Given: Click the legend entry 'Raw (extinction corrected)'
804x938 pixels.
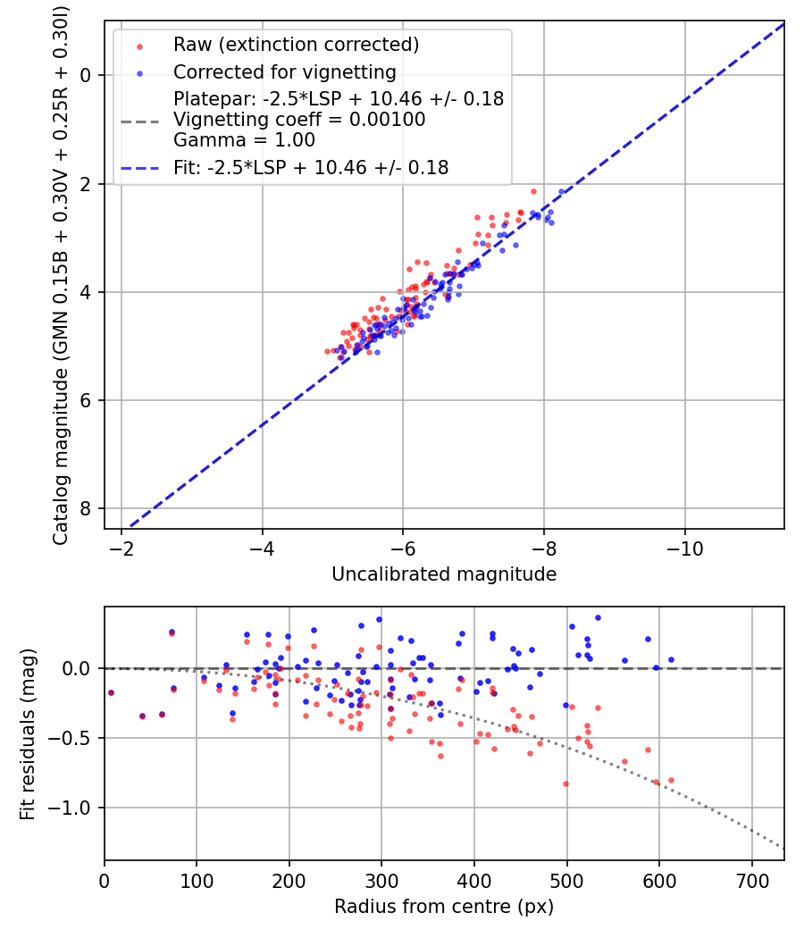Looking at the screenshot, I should point(296,45).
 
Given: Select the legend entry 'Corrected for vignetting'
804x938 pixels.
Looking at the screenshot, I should point(284,71).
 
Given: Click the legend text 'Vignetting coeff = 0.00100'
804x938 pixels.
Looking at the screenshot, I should point(299,120).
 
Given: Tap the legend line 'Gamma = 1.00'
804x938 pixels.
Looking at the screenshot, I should point(244,140).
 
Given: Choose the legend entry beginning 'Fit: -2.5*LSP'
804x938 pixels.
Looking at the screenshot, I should point(311,167).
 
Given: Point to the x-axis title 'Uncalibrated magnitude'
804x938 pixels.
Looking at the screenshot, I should point(444,574).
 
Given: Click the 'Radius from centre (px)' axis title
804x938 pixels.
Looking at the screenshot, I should point(444,907).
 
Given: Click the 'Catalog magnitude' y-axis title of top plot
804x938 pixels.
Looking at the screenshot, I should point(61,274).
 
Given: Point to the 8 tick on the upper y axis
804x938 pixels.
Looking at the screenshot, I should point(87,509).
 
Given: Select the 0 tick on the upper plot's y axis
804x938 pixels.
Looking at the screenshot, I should point(87,75).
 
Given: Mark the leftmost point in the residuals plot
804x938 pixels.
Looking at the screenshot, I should point(111,692).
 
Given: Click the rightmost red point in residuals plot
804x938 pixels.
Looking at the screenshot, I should point(671,780).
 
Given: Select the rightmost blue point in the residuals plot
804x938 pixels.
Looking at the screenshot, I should point(671,659).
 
